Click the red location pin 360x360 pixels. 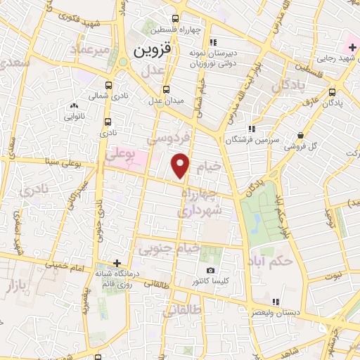181,165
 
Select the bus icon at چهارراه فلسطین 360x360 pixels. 175,18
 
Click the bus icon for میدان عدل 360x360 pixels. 166,89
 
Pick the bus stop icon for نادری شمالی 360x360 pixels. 108,81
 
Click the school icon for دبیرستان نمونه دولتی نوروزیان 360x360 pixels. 213,39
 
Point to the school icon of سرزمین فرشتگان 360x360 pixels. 252,128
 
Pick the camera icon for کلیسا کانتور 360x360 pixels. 210,271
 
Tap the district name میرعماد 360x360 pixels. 91,49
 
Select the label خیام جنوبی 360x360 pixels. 169,248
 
